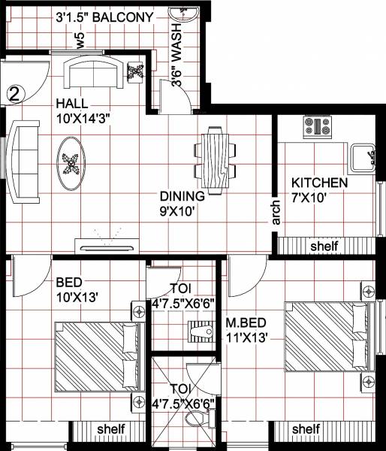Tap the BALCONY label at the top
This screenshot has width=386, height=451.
coord(124,17)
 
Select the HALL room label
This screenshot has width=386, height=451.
coord(71,103)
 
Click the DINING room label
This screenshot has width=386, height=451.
coord(178,197)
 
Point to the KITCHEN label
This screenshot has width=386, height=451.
coord(319,183)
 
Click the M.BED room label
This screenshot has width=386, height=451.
coord(246,324)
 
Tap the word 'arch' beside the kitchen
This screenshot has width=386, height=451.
coord(276,212)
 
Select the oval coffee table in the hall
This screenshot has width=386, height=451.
coord(72,161)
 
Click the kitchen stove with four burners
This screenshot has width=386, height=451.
coord(317,126)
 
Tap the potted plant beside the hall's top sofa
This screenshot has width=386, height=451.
coord(136,73)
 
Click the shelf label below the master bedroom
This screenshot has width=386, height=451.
coord(305,429)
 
